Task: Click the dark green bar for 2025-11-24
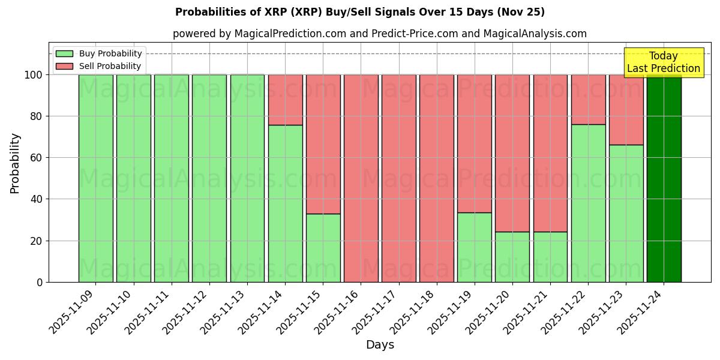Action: [664, 178]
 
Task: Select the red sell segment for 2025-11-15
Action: [323, 144]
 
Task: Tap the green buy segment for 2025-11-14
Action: [285, 203]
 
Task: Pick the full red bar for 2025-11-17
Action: [398, 178]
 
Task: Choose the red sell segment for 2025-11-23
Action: [626, 110]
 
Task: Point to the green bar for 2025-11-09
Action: [95, 178]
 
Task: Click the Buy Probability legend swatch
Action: [64, 54]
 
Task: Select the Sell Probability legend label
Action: [110, 67]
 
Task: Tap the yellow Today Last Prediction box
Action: [664, 62]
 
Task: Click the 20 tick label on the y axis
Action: [37, 241]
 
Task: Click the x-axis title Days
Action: [380, 345]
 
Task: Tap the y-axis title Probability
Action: [15, 163]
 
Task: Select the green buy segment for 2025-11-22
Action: [588, 203]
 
